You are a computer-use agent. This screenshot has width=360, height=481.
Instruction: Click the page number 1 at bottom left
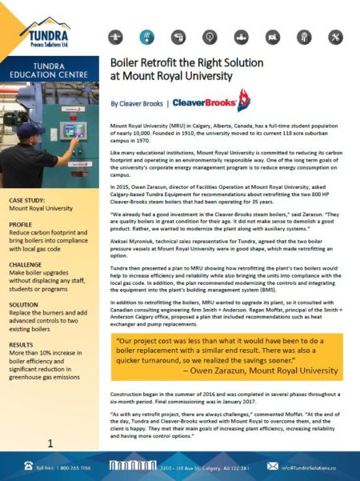tap(50, 442)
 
